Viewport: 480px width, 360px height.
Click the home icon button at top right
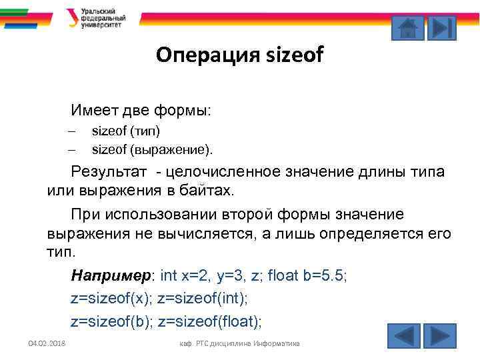[407, 29]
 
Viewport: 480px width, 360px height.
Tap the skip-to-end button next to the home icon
[441, 29]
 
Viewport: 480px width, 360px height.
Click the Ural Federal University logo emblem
[72, 18]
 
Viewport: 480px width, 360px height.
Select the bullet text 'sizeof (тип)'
[126, 130]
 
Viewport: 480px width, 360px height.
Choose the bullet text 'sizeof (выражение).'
[154, 148]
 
